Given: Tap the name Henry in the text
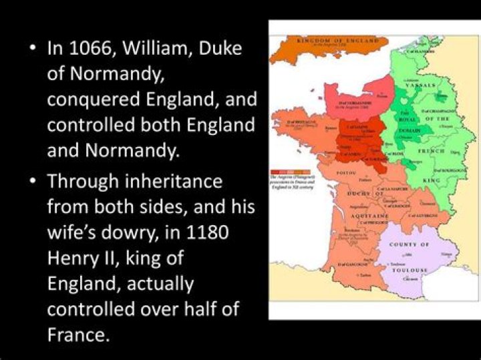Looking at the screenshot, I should [x=74, y=257].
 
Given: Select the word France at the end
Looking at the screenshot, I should [x=77, y=334].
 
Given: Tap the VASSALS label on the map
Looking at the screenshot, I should [x=420, y=86].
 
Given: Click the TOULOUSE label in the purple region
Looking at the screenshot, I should [x=410, y=270].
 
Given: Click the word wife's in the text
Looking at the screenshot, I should [x=74, y=232].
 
